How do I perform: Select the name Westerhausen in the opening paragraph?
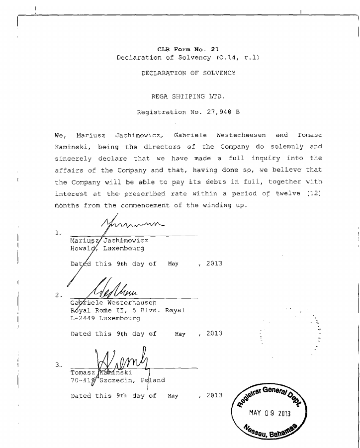241,135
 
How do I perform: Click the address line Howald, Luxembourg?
108,248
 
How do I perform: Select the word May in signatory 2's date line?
179,334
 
